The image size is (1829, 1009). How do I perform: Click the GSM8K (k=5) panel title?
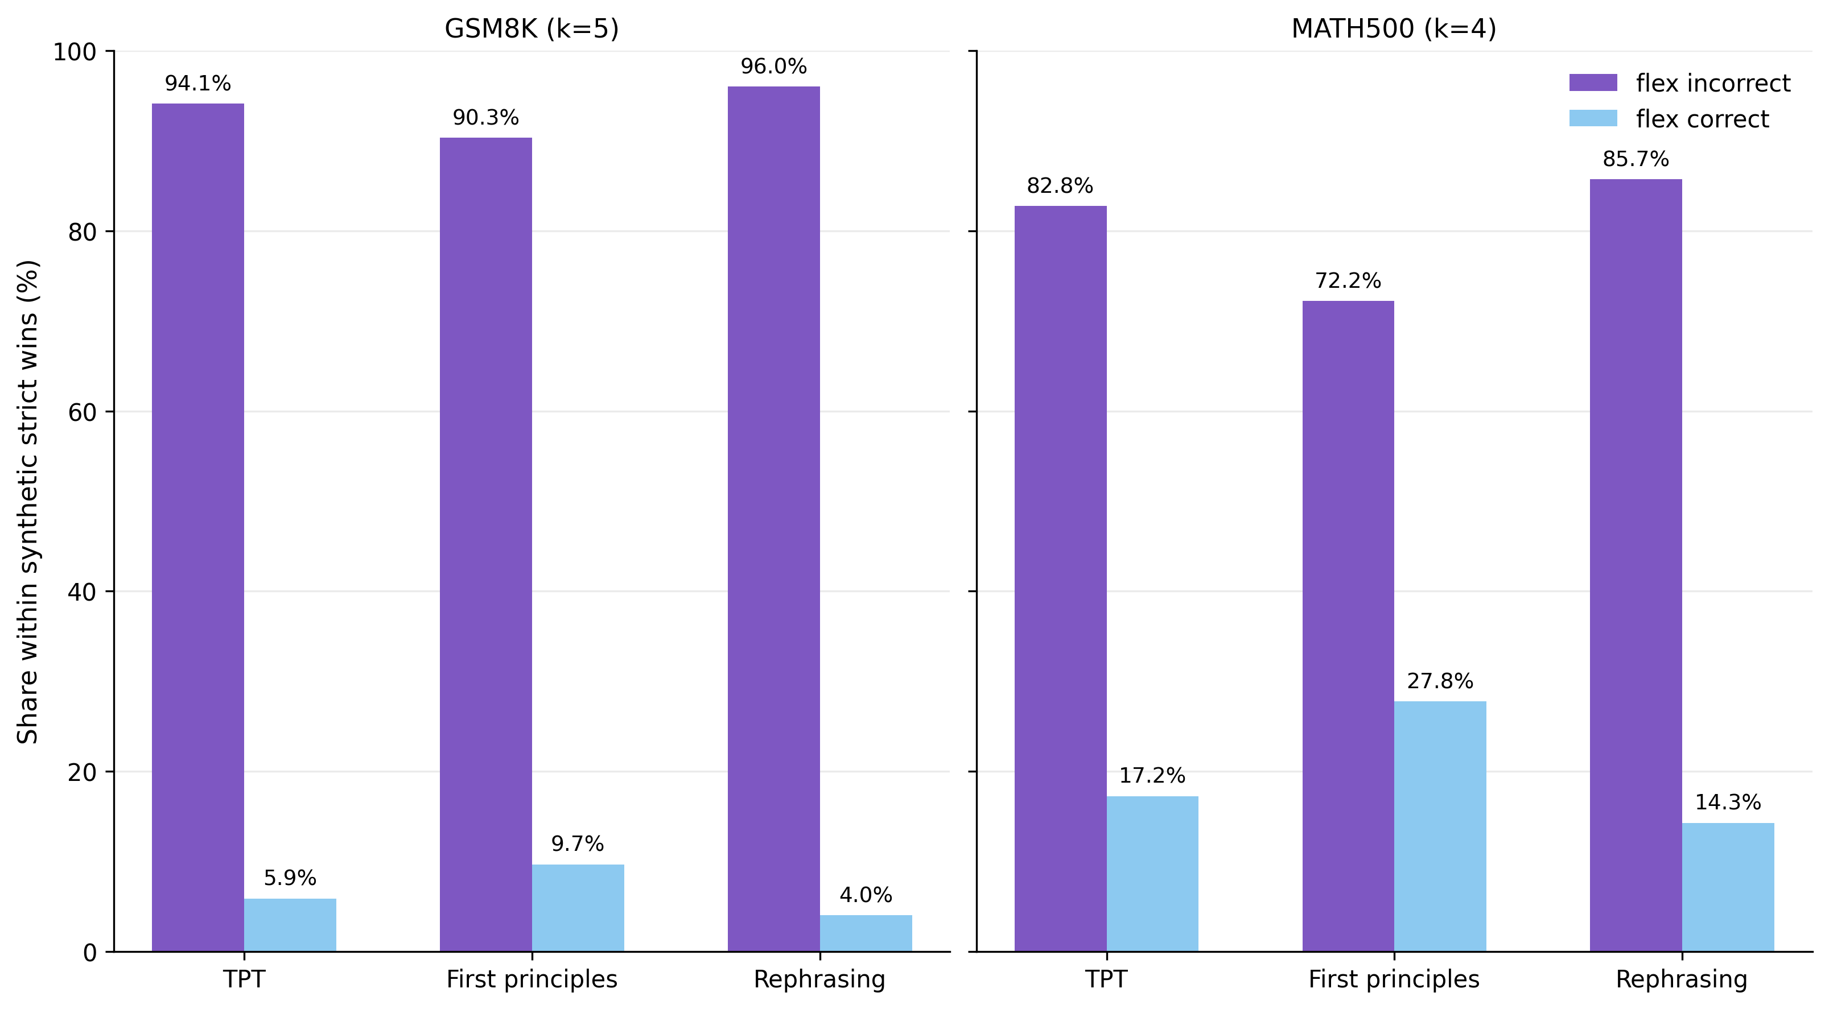531,28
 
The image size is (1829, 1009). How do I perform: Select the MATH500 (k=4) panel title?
1393,28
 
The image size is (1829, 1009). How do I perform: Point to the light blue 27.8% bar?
1439,826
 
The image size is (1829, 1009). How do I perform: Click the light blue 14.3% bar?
1728,886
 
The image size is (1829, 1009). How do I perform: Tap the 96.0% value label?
773,67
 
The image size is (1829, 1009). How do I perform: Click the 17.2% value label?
1152,776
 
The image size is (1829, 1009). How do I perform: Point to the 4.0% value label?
866,895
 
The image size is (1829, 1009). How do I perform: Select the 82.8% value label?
1060,186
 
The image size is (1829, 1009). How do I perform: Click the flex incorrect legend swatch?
1593,83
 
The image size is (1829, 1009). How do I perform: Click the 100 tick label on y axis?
75,52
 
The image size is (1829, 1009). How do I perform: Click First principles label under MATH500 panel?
1393,979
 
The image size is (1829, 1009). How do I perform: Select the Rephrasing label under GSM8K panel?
819,979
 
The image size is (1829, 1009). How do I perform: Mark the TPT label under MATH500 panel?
1106,979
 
